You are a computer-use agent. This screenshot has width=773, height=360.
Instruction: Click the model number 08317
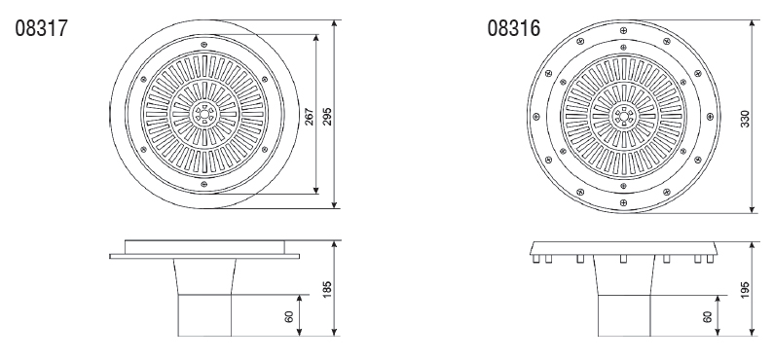(x=41, y=28)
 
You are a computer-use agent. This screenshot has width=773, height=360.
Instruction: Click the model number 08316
(x=514, y=28)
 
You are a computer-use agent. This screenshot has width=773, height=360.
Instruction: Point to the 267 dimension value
(x=309, y=117)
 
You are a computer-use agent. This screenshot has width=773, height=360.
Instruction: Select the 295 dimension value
(x=327, y=117)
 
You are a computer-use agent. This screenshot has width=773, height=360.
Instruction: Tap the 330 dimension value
(x=745, y=119)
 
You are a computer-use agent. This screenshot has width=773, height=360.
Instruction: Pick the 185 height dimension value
(x=327, y=289)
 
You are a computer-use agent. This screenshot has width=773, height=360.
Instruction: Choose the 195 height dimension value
(x=745, y=290)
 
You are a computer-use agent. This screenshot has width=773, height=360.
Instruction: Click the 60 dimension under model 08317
(x=289, y=316)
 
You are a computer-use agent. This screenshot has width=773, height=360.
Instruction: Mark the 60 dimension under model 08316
(x=708, y=316)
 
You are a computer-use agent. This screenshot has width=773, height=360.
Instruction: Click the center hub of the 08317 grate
(x=204, y=114)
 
